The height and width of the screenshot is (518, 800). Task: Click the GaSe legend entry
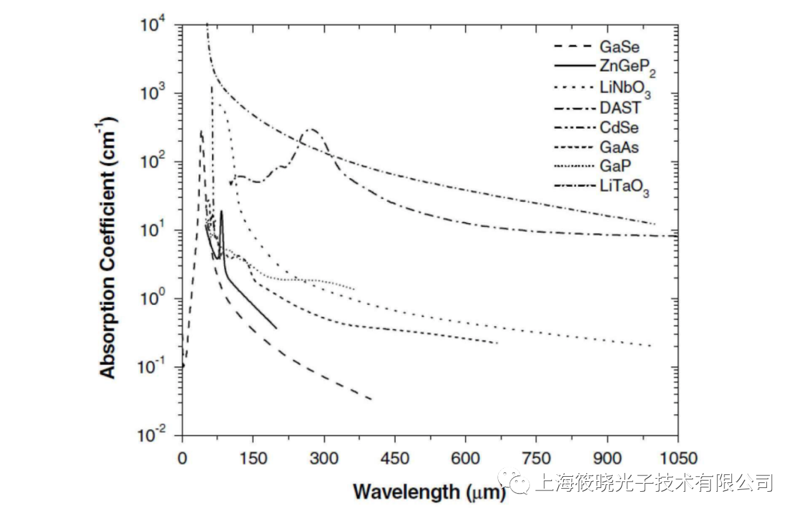point(619,47)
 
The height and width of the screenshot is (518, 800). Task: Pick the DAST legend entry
point(620,108)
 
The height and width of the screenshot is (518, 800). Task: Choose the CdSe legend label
point(619,128)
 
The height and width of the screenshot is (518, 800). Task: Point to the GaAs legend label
point(619,148)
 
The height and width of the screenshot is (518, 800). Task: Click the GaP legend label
point(615,168)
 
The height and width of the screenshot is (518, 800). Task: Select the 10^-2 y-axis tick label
point(152,435)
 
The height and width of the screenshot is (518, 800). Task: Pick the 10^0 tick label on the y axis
point(152,299)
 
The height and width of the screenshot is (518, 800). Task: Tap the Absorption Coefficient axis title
point(108,247)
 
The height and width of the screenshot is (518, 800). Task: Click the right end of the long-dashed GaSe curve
point(372,399)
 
